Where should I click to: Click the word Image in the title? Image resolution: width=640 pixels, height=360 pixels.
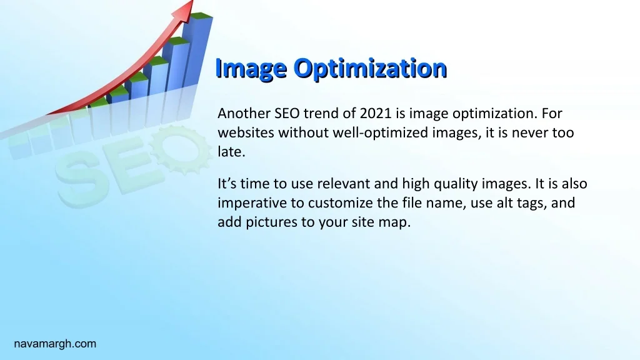[251, 68]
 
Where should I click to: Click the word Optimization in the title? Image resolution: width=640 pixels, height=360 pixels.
[370, 68]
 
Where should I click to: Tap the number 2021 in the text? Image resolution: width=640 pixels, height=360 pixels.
[376, 113]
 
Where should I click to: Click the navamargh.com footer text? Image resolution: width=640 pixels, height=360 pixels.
[55, 344]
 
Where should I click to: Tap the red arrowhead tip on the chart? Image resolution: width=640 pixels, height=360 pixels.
[192, 1]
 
